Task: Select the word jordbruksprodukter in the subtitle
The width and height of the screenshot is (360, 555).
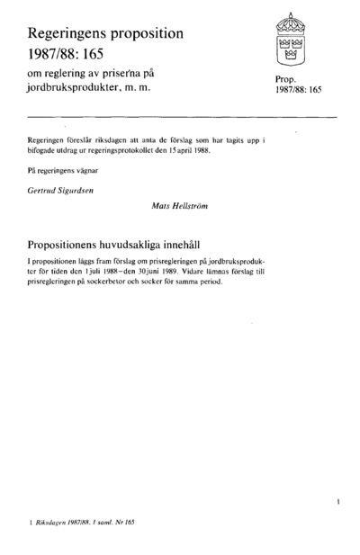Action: [x=82, y=87]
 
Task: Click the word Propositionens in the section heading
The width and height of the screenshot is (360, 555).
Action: [x=76, y=243]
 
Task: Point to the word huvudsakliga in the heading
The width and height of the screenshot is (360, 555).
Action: [x=168, y=243]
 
